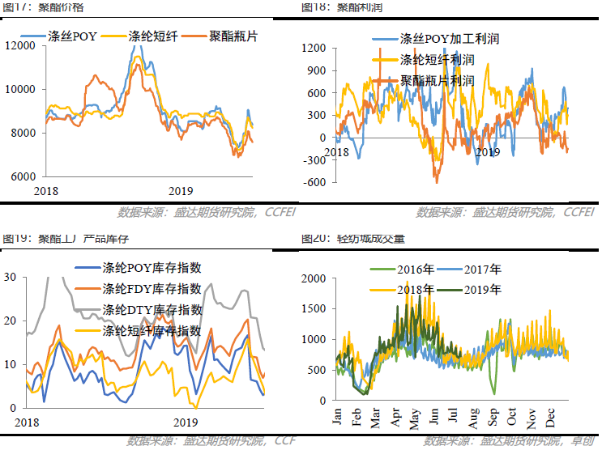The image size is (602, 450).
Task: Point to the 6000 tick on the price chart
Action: (22, 176)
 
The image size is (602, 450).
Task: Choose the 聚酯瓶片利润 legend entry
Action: (437, 81)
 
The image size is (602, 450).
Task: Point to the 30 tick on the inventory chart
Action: (11, 277)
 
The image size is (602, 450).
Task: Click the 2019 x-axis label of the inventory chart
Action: (186, 422)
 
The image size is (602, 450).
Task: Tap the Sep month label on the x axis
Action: (494, 418)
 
